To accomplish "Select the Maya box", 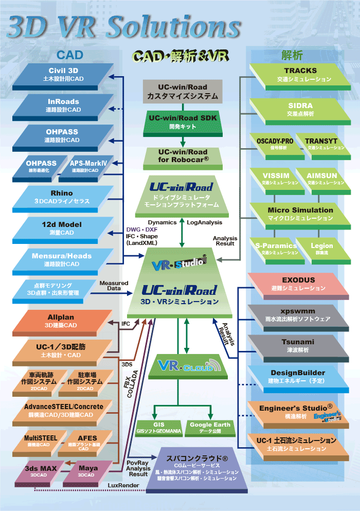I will tap(88, 471).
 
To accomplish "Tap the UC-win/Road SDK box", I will tap(183, 121).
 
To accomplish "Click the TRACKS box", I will tap(300, 74).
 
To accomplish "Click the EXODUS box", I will tap(298, 283).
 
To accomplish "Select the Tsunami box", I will tap(298, 344).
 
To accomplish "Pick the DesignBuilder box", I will tap(298, 375).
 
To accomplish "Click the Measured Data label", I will tap(114, 286).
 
